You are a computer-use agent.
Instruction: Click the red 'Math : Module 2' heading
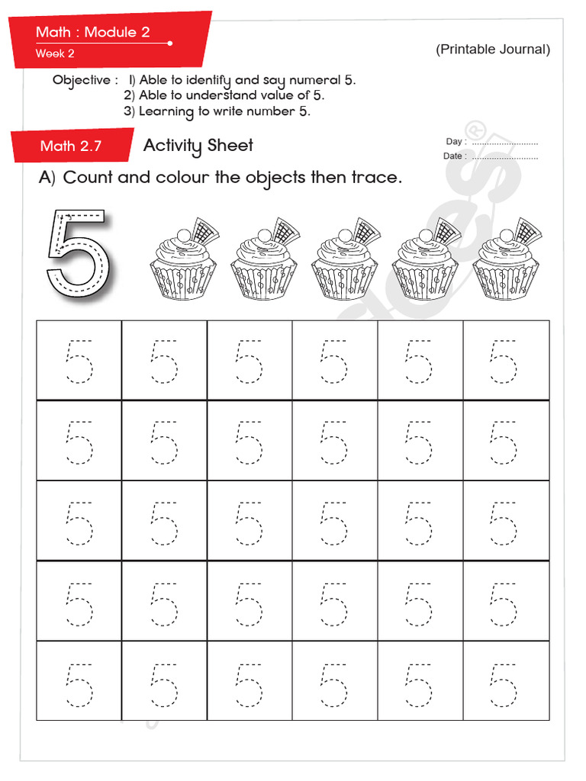pyautogui.click(x=93, y=32)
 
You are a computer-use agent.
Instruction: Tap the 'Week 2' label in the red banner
pyautogui.click(x=55, y=53)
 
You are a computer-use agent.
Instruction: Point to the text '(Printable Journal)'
pyautogui.click(x=493, y=50)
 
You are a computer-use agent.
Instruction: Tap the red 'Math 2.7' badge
pyautogui.click(x=70, y=146)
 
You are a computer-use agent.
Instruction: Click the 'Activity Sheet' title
pyautogui.click(x=198, y=146)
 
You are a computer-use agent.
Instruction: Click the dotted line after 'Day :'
pyautogui.click(x=504, y=143)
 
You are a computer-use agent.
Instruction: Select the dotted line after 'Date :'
pyautogui.click(x=504, y=156)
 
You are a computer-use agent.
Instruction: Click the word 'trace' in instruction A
pyautogui.click(x=374, y=178)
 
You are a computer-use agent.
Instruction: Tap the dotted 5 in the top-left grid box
pyautogui.click(x=79, y=361)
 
